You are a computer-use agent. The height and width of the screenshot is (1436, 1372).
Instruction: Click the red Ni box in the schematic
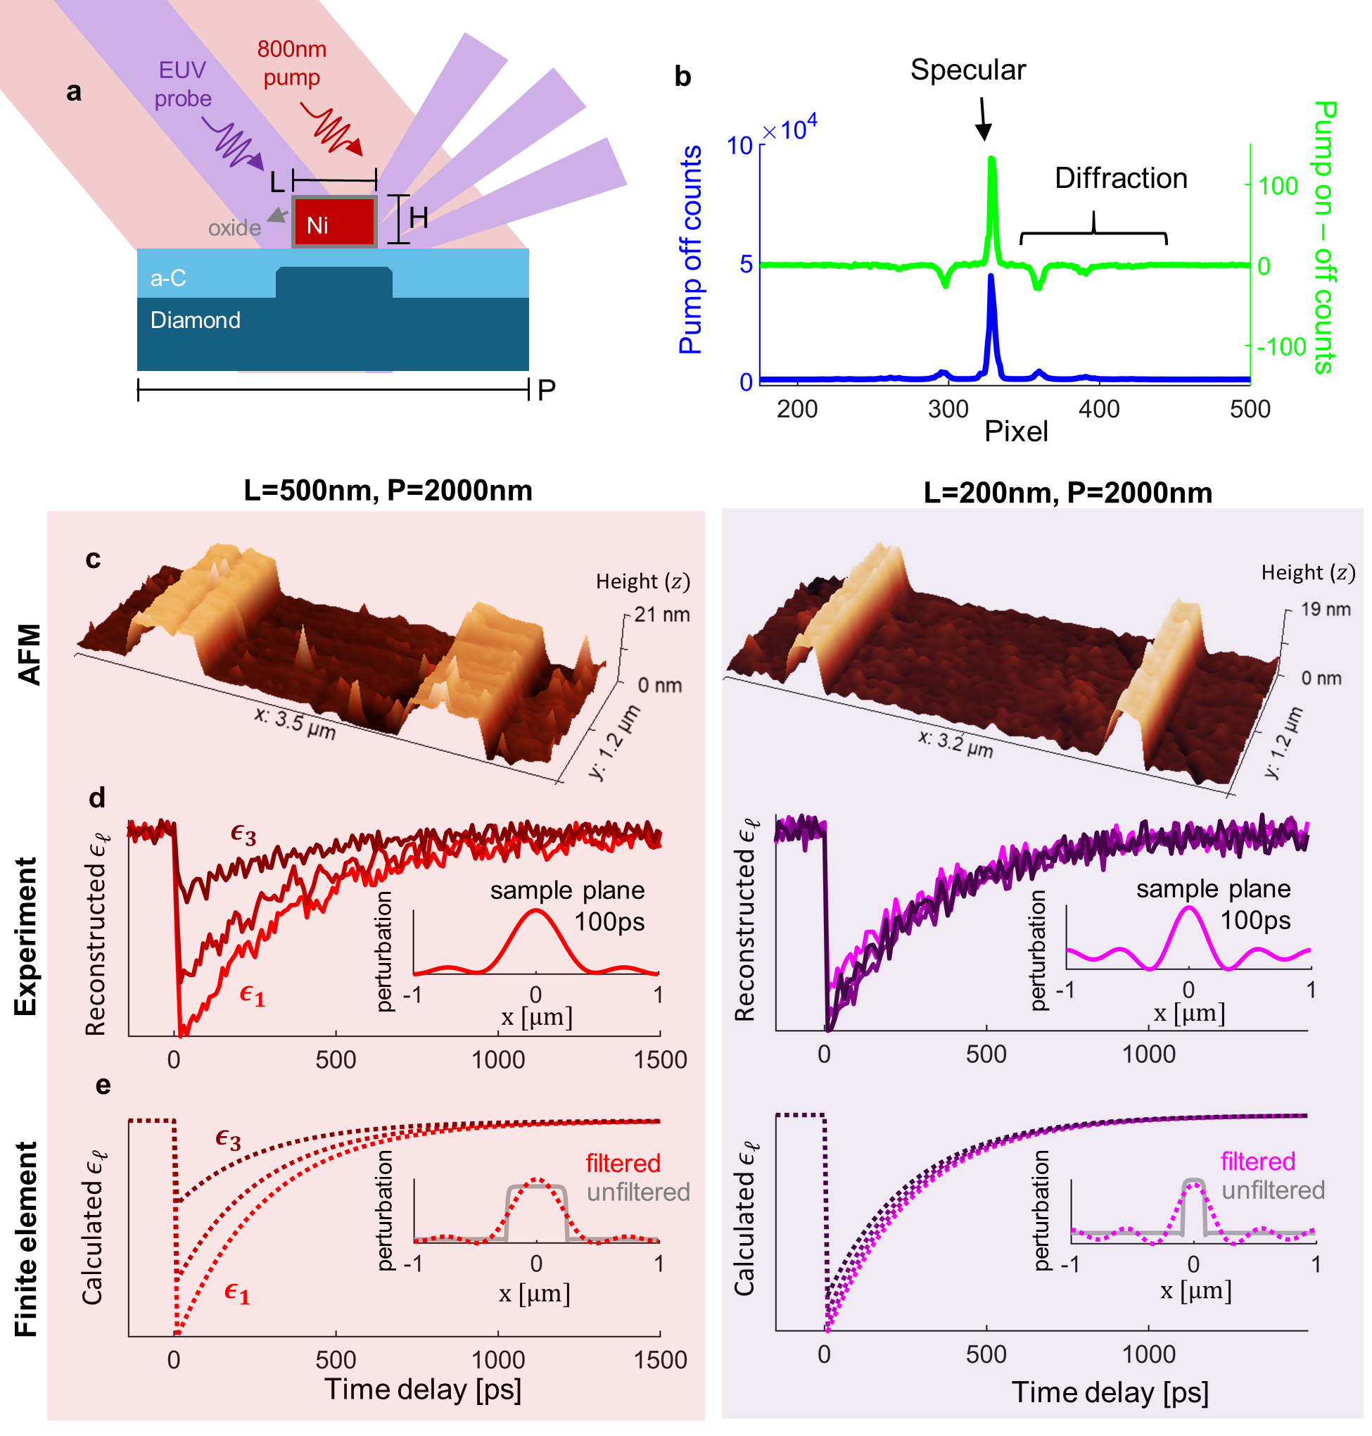tap(334, 222)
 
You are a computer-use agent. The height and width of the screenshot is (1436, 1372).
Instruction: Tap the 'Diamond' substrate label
tap(196, 320)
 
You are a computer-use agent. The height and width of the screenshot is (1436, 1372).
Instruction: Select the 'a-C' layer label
tap(168, 278)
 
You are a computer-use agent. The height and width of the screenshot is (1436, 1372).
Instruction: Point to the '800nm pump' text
tap(292, 63)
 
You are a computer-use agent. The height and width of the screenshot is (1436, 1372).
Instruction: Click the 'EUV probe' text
tap(183, 84)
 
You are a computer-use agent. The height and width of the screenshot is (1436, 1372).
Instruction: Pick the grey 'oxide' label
tap(234, 228)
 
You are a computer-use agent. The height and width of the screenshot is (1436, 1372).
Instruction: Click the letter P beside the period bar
tap(546, 391)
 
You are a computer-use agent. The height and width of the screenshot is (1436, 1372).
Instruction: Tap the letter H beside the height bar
tap(419, 218)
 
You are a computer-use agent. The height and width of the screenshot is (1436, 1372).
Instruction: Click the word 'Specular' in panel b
tap(967, 70)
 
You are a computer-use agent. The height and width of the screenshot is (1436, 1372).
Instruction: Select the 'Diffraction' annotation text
tap(1120, 179)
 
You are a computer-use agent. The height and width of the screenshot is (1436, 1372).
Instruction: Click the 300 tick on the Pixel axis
tap(948, 409)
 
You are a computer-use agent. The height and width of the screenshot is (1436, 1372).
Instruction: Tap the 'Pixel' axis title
tap(1016, 432)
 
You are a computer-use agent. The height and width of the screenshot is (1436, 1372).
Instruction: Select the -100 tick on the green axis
tap(1281, 347)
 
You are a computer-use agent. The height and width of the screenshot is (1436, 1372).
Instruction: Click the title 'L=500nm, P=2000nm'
tap(388, 490)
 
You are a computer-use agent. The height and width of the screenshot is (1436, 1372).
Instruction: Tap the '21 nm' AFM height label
tap(662, 615)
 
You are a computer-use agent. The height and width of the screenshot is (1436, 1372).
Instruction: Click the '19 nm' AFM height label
tap(1325, 610)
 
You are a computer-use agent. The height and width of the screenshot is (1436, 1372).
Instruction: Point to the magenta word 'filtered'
tap(1258, 1161)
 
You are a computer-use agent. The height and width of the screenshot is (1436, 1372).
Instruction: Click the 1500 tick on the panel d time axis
tap(661, 1060)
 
